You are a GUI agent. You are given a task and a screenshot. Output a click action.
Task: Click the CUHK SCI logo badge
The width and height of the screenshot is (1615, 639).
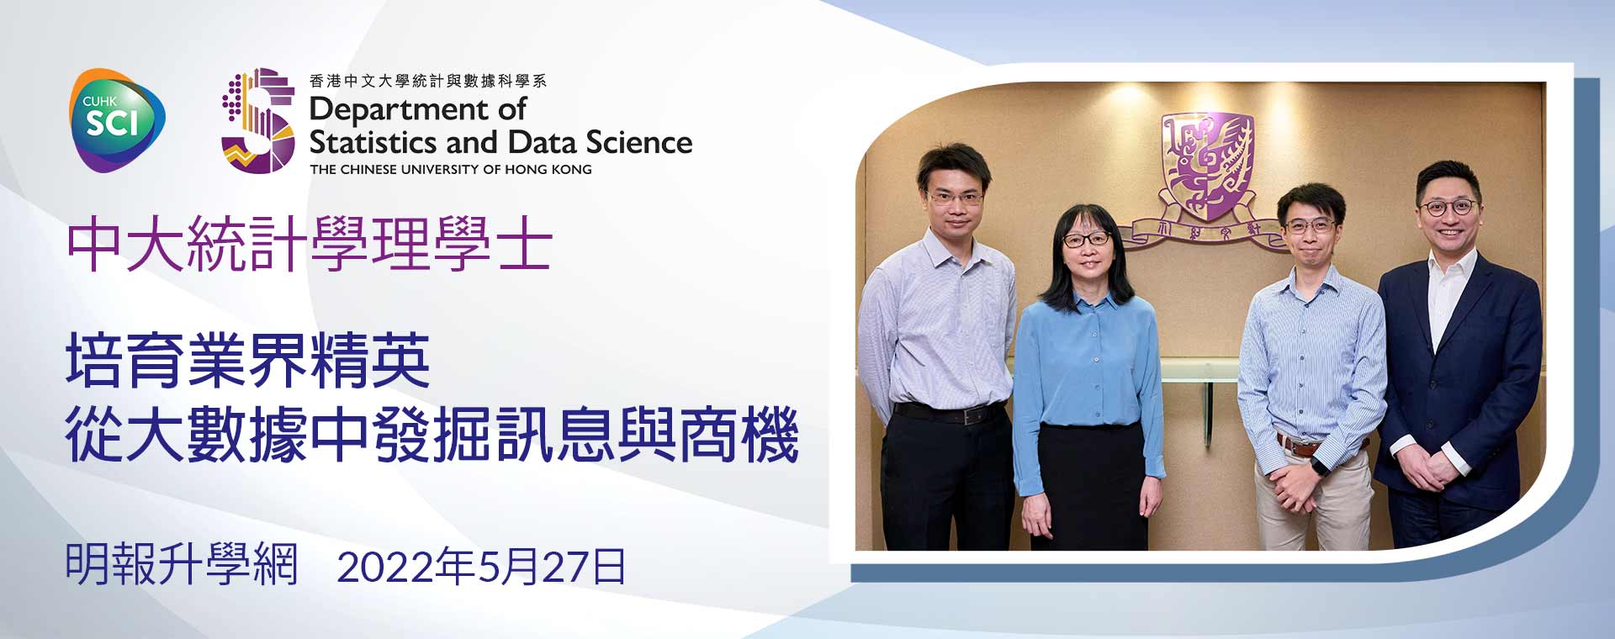point(117,120)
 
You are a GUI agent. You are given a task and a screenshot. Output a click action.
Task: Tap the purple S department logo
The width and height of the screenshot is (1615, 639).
point(258,120)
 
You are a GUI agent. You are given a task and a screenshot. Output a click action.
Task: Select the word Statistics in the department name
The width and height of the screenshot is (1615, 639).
point(375,142)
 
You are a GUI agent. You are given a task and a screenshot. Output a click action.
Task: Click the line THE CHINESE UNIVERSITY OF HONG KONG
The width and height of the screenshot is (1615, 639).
point(451,169)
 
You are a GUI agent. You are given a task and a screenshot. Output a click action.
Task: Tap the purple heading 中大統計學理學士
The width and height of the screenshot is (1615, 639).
point(310,244)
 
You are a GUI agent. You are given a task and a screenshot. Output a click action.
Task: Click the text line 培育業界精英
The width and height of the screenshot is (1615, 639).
point(248,361)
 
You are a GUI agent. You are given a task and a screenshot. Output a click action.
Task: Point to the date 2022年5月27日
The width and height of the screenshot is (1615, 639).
point(481,568)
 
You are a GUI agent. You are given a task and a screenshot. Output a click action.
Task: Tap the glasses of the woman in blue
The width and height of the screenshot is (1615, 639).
point(1087,240)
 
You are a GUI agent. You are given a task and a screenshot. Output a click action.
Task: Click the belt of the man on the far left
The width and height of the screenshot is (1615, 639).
point(950,413)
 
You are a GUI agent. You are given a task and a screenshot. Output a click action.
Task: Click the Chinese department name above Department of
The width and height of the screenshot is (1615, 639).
point(428,81)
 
